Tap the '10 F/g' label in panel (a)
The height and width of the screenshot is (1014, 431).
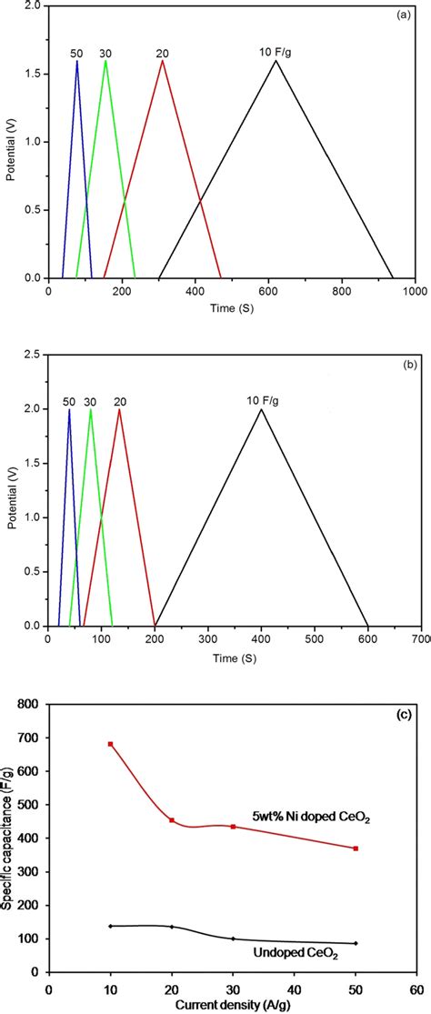(x=276, y=52)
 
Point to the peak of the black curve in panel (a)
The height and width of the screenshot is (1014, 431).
(x=276, y=61)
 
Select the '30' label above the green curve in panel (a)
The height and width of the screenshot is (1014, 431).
(x=105, y=53)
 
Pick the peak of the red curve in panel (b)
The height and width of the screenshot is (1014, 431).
(x=119, y=409)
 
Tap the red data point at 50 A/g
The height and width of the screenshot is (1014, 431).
(x=356, y=848)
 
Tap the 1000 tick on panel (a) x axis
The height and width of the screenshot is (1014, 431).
(x=414, y=292)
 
